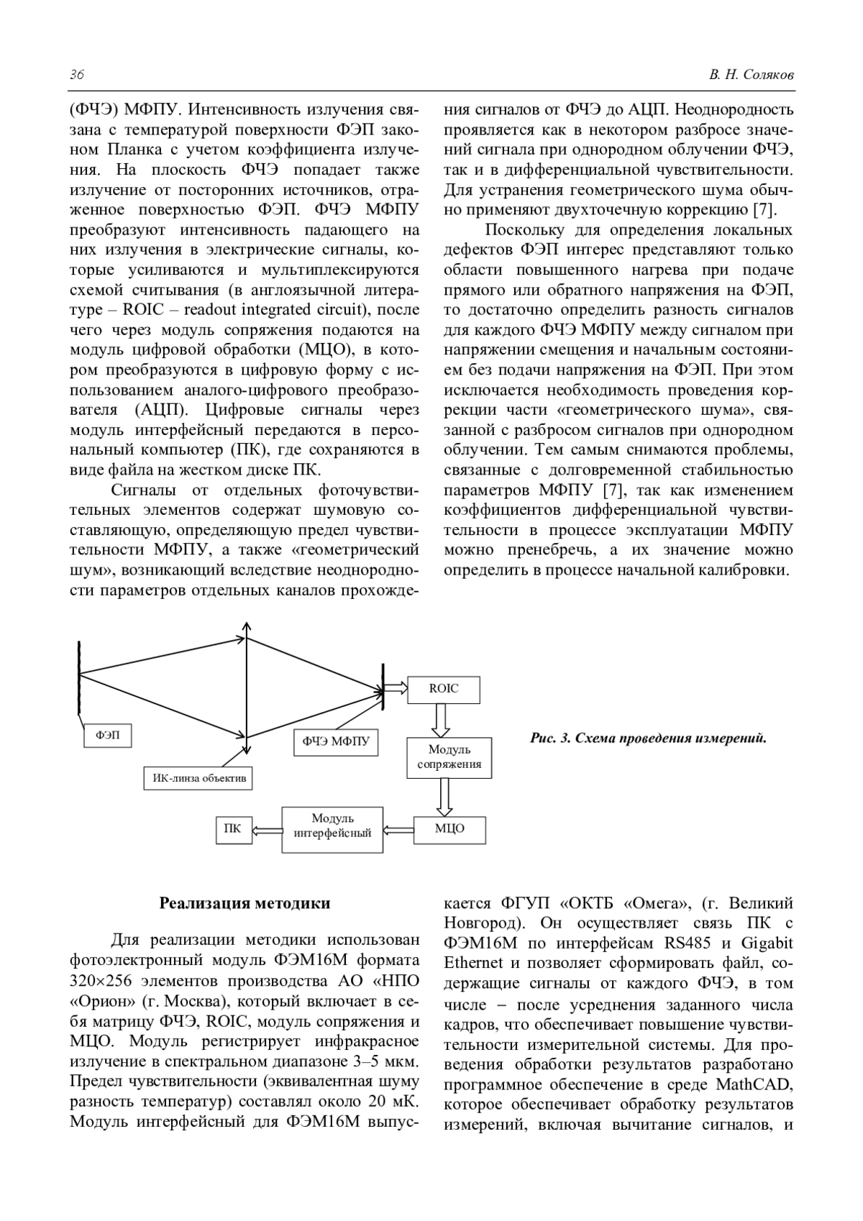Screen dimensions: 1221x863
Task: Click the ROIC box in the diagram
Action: pos(443,689)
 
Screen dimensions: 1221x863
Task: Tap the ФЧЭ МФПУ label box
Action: pos(335,741)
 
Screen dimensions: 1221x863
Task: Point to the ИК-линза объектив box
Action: pos(198,777)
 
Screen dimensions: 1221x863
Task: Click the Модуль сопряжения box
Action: pos(449,757)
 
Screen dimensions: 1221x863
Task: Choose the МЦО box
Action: pos(449,828)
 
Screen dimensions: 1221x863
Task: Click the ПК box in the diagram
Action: pos(232,828)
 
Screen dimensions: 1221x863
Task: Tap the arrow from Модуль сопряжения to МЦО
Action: pos(445,797)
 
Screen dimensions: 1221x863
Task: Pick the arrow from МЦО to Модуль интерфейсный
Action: pos(398,829)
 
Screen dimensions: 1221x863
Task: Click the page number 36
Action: pos(77,76)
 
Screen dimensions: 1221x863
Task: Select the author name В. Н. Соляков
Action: pos(752,76)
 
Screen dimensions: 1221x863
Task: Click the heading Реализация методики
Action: pos(245,903)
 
